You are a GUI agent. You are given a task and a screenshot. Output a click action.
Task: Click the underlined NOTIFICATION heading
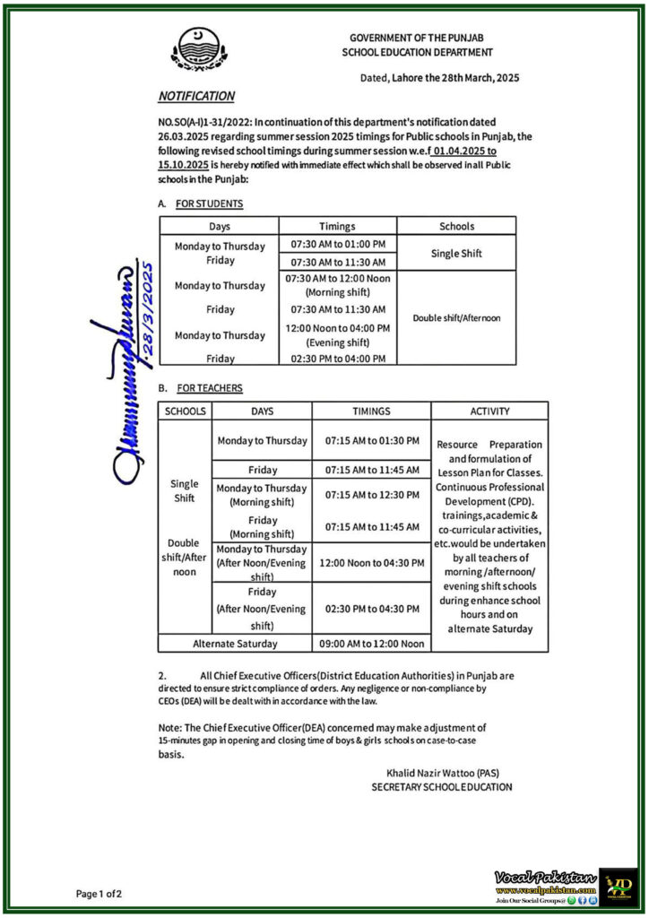[x=196, y=96]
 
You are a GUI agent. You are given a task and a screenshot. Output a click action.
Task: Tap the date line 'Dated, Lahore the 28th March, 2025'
[x=439, y=78]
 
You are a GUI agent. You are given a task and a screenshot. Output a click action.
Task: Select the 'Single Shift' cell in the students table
[x=456, y=254]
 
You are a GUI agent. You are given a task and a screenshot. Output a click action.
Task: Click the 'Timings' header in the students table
[x=337, y=227]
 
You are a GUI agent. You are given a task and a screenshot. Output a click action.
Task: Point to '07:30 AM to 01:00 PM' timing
[x=338, y=244]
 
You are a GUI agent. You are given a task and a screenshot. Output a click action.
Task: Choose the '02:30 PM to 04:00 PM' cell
[x=338, y=359]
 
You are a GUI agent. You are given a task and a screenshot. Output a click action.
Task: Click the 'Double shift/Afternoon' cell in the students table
[x=456, y=317]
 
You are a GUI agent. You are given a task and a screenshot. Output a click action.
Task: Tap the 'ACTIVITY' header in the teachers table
[x=489, y=411]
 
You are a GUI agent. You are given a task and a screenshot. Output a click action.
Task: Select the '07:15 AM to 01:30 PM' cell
[x=372, y=441]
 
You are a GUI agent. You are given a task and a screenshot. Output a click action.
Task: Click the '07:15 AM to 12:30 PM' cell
[x=372, y=495]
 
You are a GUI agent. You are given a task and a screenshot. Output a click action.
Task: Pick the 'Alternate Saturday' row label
[x=235, y=644]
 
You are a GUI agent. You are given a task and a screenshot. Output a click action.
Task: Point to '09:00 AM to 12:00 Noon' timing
[x=372, y=644]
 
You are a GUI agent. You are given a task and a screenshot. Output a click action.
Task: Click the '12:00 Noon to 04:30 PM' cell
[x=372, y=563]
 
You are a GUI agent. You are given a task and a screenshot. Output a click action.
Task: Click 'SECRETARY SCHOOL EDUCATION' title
[x=442, y=787]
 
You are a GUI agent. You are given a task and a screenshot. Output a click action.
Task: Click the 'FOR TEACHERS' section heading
[x=210, y=388]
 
